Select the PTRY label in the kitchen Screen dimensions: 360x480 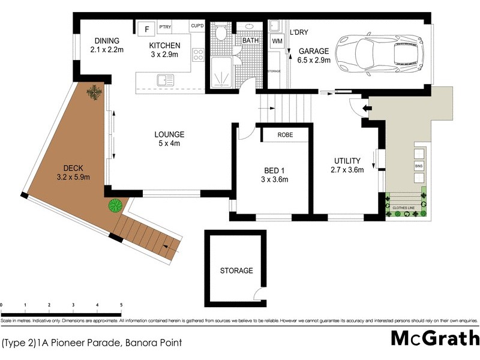coord(166,26)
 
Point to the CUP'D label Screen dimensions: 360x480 coord(197,26)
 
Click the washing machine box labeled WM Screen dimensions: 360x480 coord(277,41)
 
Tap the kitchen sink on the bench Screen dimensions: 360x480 coord(166,79)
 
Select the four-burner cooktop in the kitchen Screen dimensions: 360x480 coord(198,56)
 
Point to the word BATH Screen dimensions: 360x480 coord(250,40)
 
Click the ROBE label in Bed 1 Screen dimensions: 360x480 coord(285,135)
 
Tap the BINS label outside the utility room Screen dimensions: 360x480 coord(418,165)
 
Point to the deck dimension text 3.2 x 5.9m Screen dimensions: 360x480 coord(73,178)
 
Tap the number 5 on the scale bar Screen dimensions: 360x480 coord(121,305)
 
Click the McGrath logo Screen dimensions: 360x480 coord(434,338)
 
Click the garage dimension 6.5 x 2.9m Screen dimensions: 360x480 coord(314,61)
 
